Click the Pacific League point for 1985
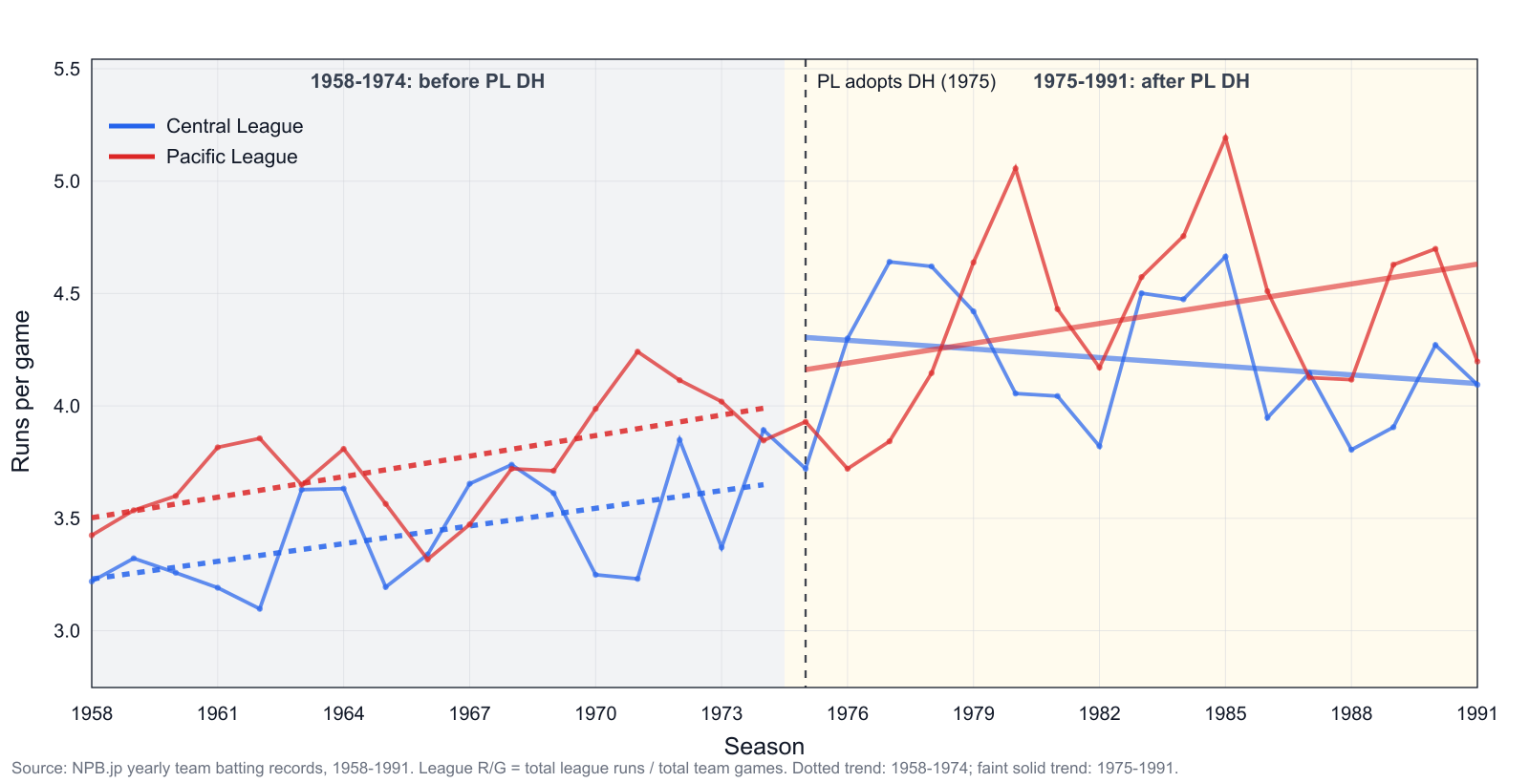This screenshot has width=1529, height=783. tap(1225, 138)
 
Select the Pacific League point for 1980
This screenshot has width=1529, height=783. tap(1016, 168)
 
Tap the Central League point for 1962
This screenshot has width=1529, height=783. tap(259, 608)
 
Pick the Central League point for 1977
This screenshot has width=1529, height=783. tap(890, 262)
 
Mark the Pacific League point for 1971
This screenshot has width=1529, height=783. tap(637, 352)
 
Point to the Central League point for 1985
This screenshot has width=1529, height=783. tap(1225, 257)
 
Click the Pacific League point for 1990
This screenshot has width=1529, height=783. tap(1435, 249)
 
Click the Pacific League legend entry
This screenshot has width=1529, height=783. tap(204, 157)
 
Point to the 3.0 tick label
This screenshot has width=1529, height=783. tap(67, 631)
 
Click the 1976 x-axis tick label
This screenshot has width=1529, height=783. tap(847, 713)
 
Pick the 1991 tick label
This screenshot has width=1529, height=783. tap(1477, 713)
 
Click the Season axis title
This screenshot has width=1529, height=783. tap(764, 746)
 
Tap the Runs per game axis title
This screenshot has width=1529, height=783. tap(21, 391)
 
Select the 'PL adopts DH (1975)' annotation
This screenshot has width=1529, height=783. tap(907, 82)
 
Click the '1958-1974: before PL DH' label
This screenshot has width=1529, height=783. tap(427, 81)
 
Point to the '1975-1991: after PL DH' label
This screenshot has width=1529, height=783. tap(1141, 81)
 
